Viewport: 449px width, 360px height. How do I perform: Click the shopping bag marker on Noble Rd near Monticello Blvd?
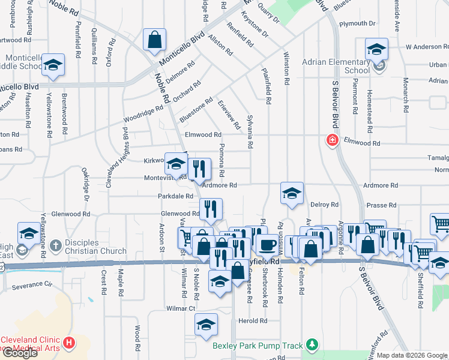click(x=154, y=40)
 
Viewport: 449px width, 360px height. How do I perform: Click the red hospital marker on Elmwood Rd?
click(x=331, y=140)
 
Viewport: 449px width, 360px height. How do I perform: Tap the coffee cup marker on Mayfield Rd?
click(x=267, y=245)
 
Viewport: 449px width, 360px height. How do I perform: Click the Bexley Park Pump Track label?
click(x=258, y=346)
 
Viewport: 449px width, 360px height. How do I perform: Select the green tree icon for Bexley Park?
click(x=311, y=344)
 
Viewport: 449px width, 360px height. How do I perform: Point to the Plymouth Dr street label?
click(x=357, y=24)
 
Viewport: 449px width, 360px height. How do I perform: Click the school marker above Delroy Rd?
click(x=291, y=193)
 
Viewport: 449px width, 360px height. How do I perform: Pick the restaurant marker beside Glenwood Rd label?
click(x=211, y=209)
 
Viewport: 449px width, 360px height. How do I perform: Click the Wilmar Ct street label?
click(x=181, y=308)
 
